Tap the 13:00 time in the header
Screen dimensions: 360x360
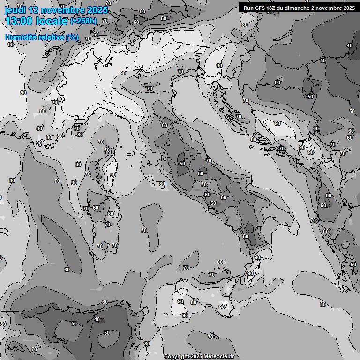point(19,21)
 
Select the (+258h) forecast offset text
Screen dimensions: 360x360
point(83,21)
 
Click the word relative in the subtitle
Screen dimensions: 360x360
point(51,37)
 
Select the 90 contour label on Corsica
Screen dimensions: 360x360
point(112,175)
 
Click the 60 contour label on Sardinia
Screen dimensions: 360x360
point(96,208)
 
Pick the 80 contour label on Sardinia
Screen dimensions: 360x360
point(110,214)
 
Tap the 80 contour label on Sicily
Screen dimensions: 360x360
point(194,302)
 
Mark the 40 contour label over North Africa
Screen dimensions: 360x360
point(97,320)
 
